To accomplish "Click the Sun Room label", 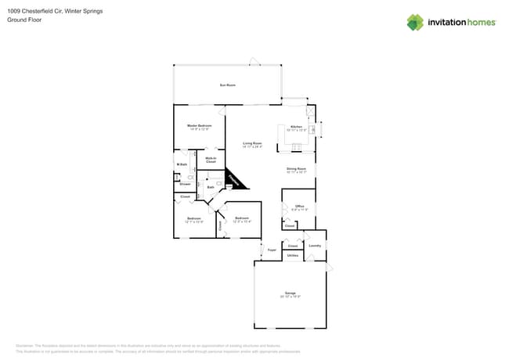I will tap(227, 85).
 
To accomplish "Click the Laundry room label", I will tap(315, 245).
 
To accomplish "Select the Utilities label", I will tap(292, 255).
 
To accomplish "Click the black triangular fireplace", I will tap(233, 180).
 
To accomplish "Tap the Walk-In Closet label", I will tap(211, 160).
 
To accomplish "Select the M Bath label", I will tap(182, 164).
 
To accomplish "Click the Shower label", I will tap(185, 184).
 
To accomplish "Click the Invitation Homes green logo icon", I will tap(415, 22).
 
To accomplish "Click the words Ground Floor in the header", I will tap(23, 20).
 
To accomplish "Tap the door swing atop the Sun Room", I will tap(253, 61).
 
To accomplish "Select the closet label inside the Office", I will tap(289, 225).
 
